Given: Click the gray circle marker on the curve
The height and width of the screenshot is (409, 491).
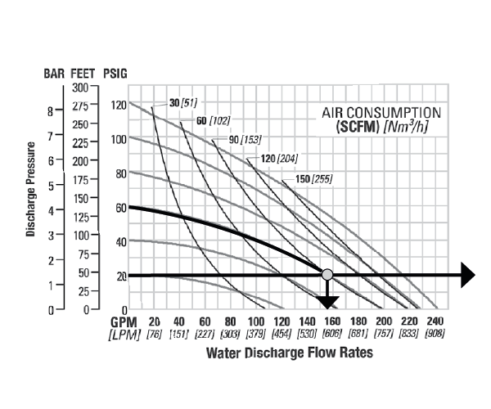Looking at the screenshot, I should [x=327, y=274].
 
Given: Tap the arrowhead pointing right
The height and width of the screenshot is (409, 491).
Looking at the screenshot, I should [x=467, y=276].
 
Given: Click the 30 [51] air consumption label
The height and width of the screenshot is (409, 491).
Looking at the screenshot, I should [x=184, y=102].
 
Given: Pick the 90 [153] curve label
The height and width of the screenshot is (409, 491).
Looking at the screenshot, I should [x=250, y=140].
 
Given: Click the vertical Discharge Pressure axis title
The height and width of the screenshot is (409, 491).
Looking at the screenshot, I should [x=30, y=190].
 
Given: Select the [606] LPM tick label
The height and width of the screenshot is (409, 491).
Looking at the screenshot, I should [x=332, y=335].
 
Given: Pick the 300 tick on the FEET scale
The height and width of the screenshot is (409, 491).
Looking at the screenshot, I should [x=80, y=87].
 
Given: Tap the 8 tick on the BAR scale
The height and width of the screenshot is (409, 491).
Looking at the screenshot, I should [x=50, y=110].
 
